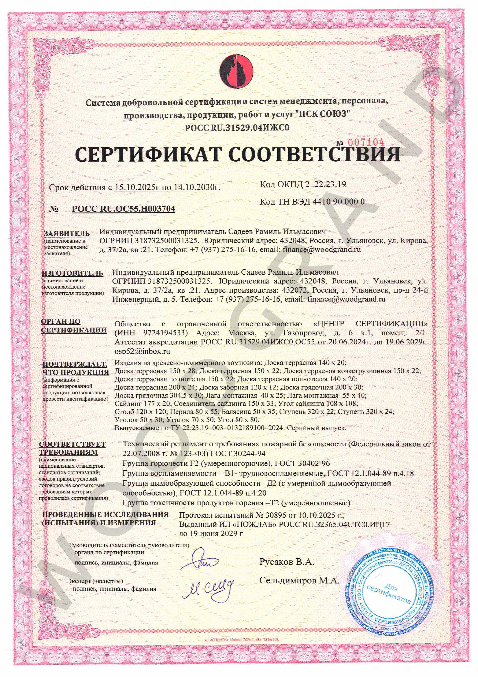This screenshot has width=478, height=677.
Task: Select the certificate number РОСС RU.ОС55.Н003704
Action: [x=123, y=209]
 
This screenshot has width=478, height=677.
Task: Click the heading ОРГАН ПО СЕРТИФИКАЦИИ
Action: [x=74, y=326]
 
